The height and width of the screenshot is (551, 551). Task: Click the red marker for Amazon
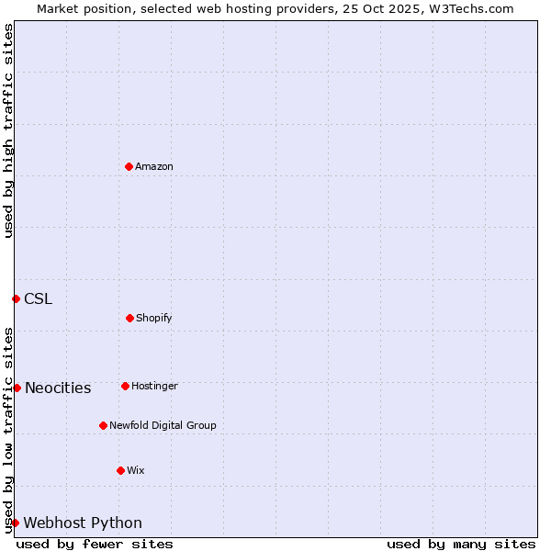coord(129,166)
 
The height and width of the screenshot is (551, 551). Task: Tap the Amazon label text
coord(154,167)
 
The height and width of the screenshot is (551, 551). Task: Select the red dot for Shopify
coord(129,318)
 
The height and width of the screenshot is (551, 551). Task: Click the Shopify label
coord(154,319)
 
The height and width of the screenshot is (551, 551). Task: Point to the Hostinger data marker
coord(125,386)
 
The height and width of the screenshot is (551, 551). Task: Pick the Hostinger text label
coord(154,387)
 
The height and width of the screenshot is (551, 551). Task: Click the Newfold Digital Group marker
coord(103,425)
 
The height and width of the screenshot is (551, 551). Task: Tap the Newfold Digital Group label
coord(163,426)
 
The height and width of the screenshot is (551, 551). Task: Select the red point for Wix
coord(120,470)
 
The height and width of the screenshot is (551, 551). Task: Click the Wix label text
coord(136,471)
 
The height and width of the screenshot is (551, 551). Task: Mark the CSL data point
coord(16,298)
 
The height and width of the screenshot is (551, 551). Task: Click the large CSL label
coord(39,299)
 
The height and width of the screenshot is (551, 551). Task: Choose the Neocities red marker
coord(17,388)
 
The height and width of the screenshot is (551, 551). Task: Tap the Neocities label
coord(58,388)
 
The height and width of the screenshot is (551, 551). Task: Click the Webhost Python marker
coord(15,523)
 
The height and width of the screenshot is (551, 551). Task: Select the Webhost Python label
coord(83,523)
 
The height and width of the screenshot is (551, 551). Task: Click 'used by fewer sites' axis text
coord(95,544)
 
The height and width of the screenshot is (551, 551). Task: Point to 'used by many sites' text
coord(461,544)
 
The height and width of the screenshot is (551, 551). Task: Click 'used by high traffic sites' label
coord(8,130)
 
